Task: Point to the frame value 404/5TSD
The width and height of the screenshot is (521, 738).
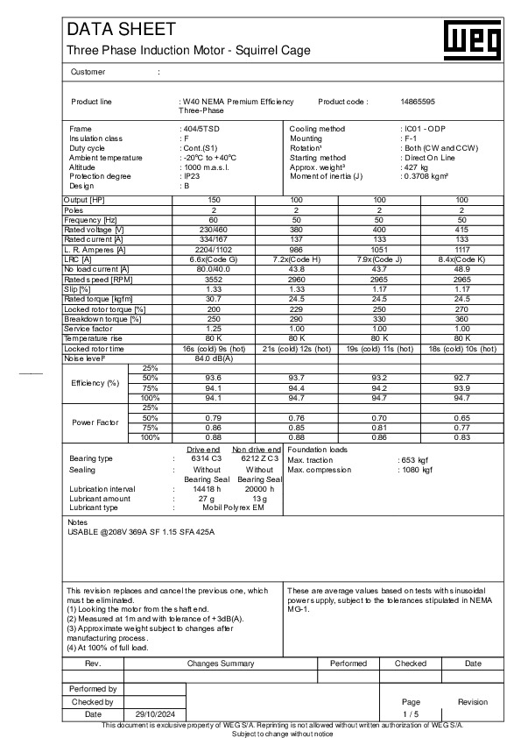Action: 199,129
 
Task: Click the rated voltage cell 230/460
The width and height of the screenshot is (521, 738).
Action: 214,229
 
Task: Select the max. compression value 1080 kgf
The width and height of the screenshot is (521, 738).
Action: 416,470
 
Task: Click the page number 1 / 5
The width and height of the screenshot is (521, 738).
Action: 411,714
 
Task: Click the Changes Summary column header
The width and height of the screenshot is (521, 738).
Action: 220,663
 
